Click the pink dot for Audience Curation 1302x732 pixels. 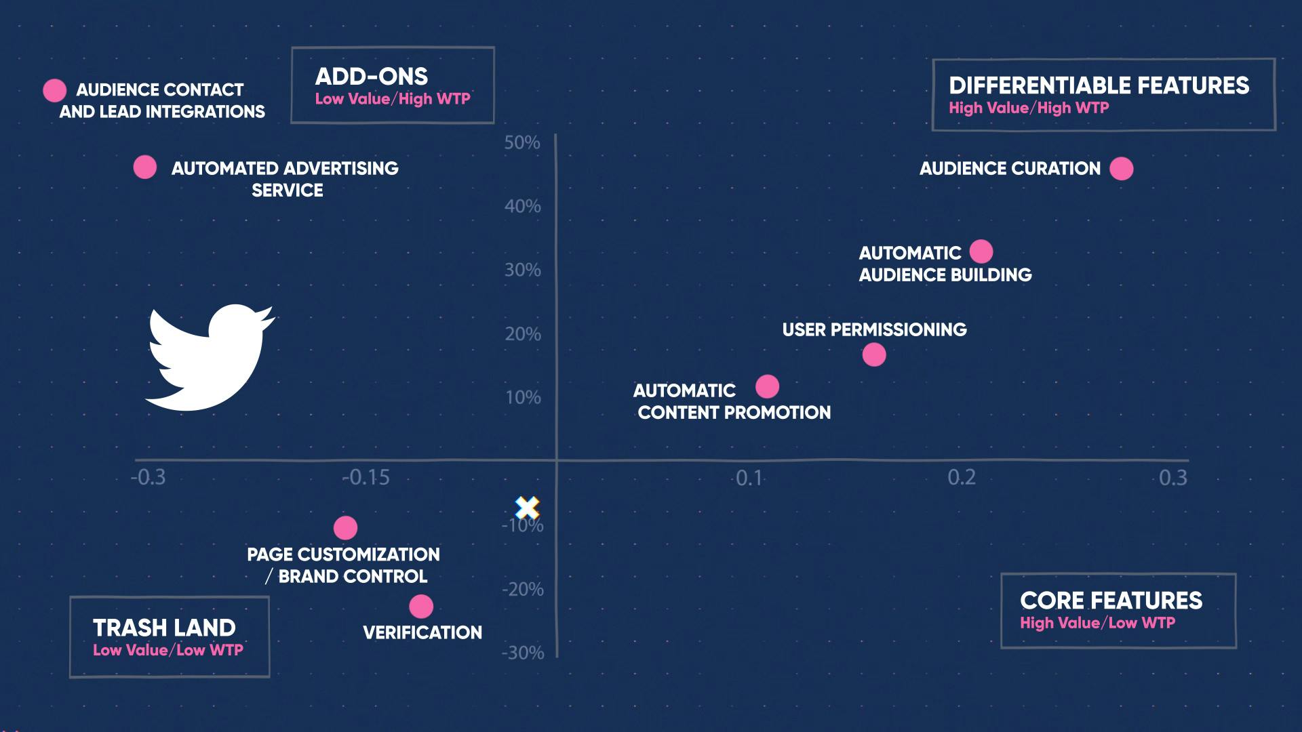[1121, 169]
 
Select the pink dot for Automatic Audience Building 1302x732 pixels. [981, 251]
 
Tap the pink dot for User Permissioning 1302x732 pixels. [874, 354]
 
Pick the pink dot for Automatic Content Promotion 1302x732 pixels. [767, 387]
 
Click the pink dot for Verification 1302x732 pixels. [421, 607]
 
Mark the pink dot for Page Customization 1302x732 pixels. [345, 528]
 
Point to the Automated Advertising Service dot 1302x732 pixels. [144, 167]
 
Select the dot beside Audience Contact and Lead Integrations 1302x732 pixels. [54, 90]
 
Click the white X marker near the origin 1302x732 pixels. [527, 507]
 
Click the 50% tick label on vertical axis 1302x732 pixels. [522, 143]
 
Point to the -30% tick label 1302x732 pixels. [523, 653]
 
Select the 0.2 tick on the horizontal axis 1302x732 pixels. [961, 478]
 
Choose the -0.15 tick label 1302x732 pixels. [366, 478]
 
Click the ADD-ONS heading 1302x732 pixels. [372, 77]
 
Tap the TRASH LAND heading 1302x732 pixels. [164, 628]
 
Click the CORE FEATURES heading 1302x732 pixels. [1111, 601]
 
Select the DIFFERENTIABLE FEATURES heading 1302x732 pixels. [1099, 85]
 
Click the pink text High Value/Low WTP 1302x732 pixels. [1097, 623]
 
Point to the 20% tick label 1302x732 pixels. [523, 334]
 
